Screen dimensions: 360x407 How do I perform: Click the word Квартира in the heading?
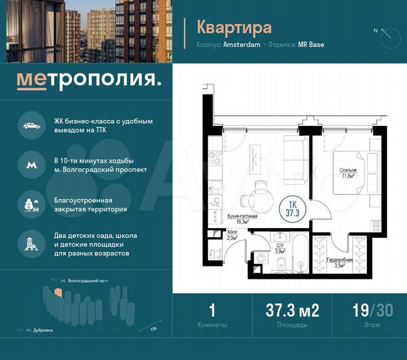tap(234, 27)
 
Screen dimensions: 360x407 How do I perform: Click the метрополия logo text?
tap(89, 80)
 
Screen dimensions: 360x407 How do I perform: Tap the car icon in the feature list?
tap(31, 126)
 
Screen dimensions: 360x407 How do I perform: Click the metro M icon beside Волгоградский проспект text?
tap(31, 165)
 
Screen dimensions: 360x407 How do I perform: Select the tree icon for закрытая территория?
tap(31, 203)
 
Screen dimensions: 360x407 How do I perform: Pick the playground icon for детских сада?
tap(31, 244)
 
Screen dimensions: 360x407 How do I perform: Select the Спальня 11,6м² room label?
tap(348, 173)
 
